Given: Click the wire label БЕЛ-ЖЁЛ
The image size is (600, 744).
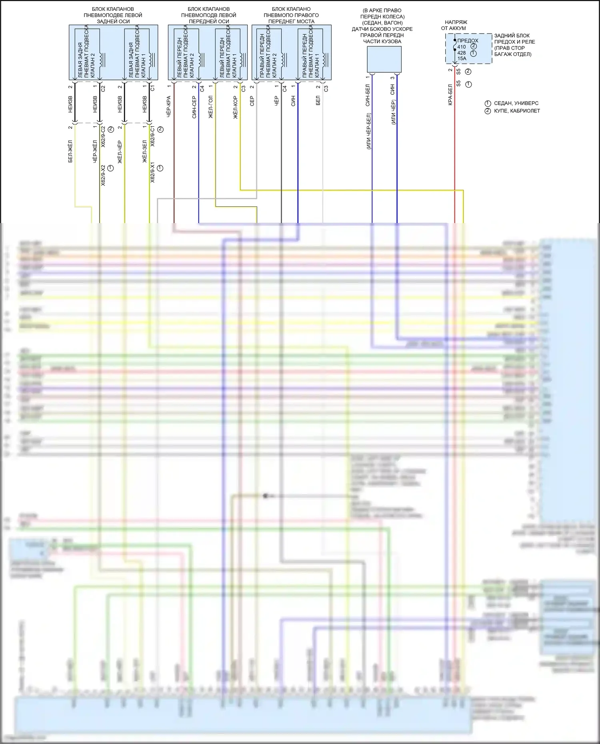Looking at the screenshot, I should point(70,151).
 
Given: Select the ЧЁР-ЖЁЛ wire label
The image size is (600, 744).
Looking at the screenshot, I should point(95,151).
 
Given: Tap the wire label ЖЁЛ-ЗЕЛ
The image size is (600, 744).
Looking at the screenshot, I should point(145,151).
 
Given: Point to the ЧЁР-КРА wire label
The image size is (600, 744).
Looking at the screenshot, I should point(169,106).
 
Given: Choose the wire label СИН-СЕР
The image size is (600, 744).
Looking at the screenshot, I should point(194,107).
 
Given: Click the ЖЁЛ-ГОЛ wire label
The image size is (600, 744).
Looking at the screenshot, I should point(211,107).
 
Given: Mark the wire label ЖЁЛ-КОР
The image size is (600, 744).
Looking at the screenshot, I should point(236,107).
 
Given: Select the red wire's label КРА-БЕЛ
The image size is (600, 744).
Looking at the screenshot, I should point(450,95).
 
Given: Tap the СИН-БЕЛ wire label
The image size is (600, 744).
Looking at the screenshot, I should point(368,95).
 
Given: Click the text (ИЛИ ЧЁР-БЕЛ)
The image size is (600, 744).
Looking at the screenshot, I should point(368,131).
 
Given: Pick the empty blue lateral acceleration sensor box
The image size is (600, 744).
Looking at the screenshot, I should point(384,59).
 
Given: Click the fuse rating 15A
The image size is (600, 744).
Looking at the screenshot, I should point(462,58).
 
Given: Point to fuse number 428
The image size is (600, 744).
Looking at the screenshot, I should point(462,53).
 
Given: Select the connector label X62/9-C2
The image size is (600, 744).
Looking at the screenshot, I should point(103,137).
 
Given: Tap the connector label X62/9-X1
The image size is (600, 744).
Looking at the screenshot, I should point(152,172).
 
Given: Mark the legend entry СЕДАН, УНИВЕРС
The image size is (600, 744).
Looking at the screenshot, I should point(516,103).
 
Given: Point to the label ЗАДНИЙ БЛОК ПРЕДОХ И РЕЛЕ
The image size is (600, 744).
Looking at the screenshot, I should point(514,39).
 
